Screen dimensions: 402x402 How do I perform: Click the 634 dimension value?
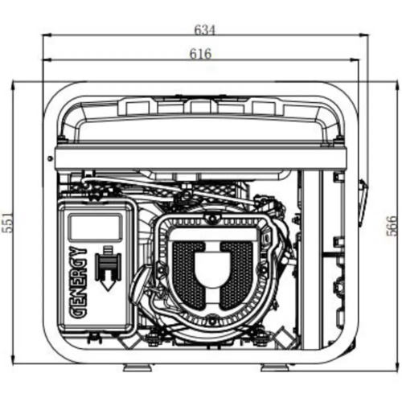205,30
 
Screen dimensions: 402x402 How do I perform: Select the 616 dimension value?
201,54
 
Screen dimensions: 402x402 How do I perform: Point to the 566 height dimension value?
392,226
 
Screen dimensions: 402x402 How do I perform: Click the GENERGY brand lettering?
80,283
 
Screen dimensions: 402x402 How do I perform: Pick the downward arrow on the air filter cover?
108,269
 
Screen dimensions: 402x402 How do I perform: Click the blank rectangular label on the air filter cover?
95,228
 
